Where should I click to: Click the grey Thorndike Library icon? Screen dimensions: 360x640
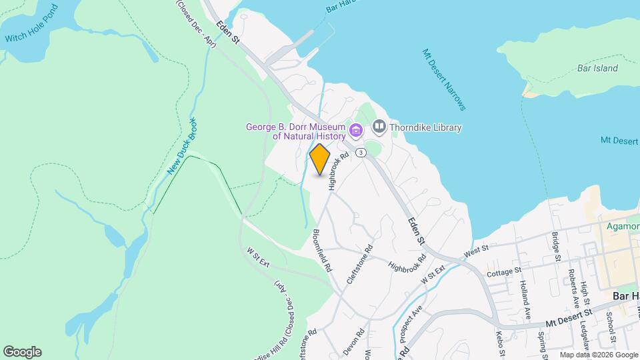(x=379, y=126)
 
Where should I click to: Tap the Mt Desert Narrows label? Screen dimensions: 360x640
(x=443, y=79)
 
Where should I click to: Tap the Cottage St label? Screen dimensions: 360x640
(x=503, y=271)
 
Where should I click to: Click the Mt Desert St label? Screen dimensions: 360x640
(x=569, y=315)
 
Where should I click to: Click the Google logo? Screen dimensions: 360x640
(x=22, y=352)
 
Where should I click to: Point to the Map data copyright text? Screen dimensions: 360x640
(x=598, y=355)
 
